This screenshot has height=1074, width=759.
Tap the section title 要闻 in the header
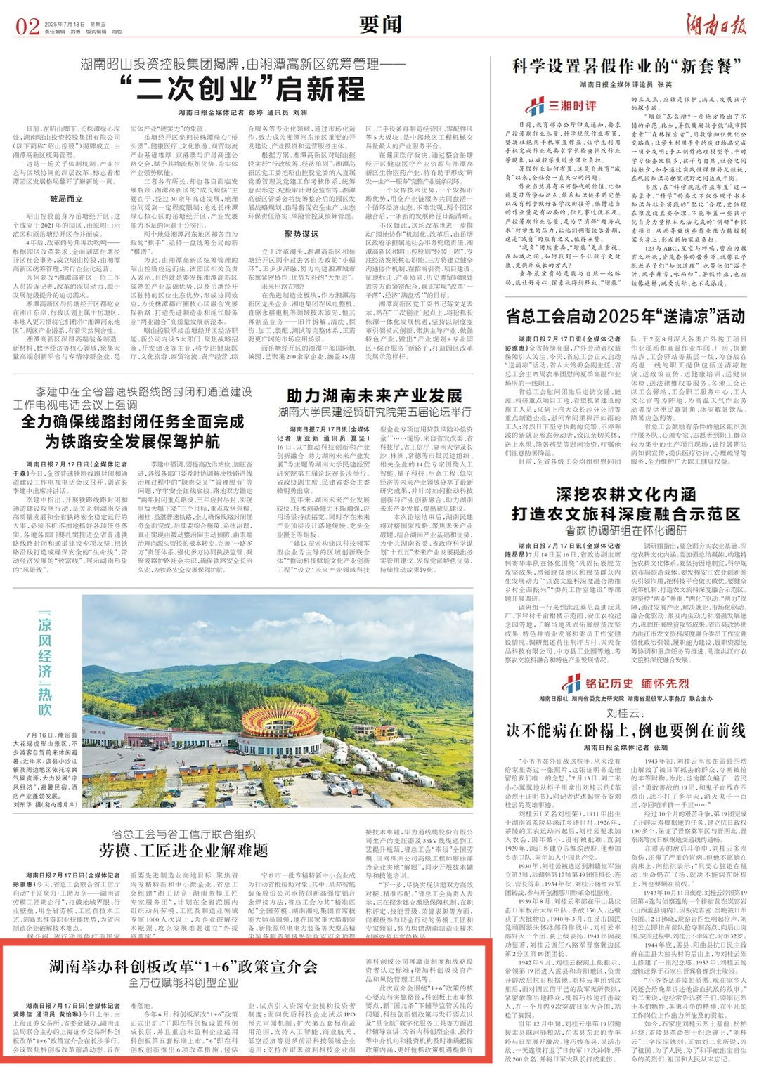coord(380,25)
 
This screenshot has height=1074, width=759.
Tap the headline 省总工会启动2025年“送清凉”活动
coord(625,315)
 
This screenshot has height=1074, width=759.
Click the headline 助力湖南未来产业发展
coord(377,395)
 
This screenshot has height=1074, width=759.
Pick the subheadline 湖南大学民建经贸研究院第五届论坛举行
coord(377,412)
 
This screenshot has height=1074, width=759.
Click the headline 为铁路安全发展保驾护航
coord(131,440)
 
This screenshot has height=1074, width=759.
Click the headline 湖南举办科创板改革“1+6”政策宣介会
coord(183,966)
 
